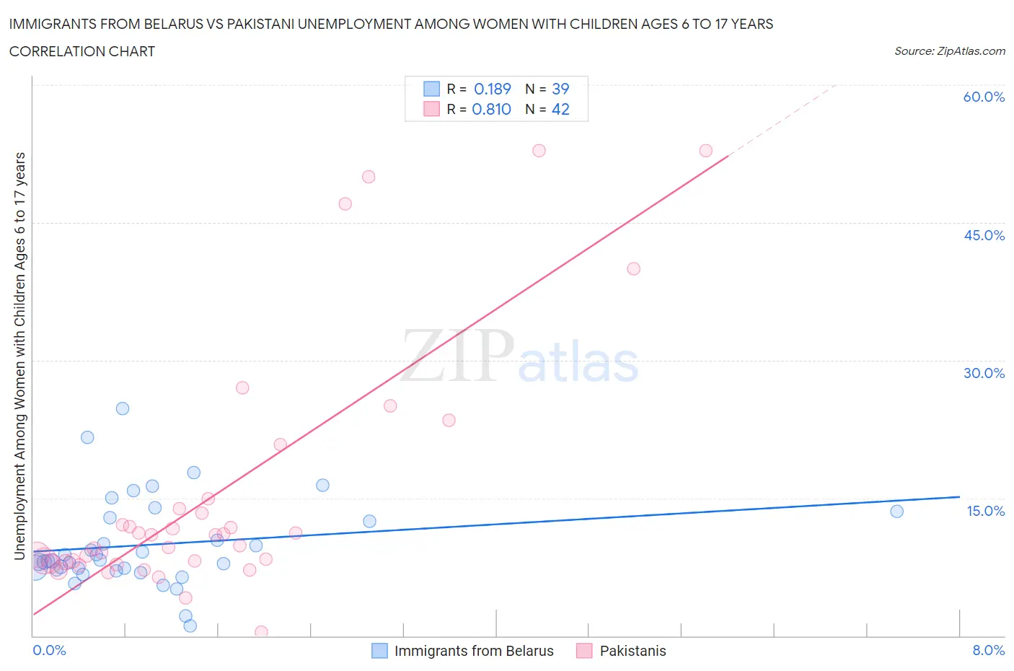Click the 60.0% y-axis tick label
984,97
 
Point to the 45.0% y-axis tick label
984,235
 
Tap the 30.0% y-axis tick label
984,373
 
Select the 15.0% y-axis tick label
984,511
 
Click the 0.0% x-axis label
49,650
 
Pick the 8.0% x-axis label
988,650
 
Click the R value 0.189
492,89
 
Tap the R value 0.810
491,109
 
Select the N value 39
560,89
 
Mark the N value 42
560,109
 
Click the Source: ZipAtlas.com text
949,51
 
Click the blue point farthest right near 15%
896,512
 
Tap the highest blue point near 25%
123,408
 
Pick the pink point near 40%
633,268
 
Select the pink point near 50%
369,177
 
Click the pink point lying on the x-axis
261,632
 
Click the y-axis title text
19,356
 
